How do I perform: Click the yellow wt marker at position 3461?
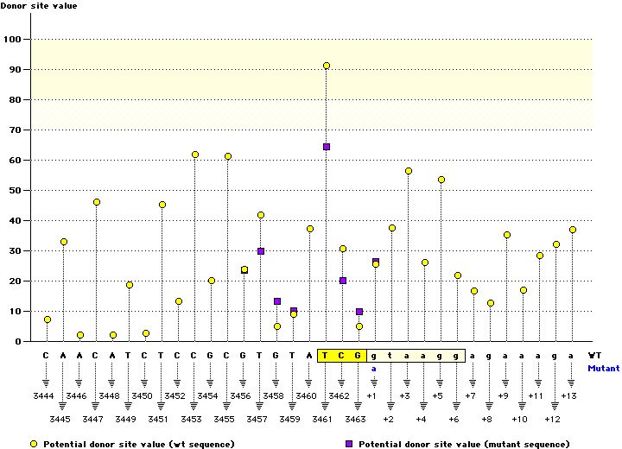click(x=327, y=66)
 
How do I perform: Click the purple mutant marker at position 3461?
click(x=327, y=147)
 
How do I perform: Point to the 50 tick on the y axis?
click(x=16, y=190)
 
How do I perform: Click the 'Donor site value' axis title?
click(x=37, y=6)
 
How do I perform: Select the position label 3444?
click(x=47, y=395)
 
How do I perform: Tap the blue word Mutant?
click(x=603, y=368)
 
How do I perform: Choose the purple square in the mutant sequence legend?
click(x=350, y=444)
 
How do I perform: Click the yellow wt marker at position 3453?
click(x=195, y=155)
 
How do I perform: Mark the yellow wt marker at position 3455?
click(x=228, y=156)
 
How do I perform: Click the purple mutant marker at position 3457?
click(x=261, y=251)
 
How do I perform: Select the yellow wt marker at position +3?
click(x=409, y=171)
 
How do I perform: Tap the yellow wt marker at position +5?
click(x=441, y=180)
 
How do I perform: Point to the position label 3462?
click(x=342, y=395)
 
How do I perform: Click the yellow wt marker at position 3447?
click(x=97, y=202)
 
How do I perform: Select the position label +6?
click(x=454, y=418)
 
